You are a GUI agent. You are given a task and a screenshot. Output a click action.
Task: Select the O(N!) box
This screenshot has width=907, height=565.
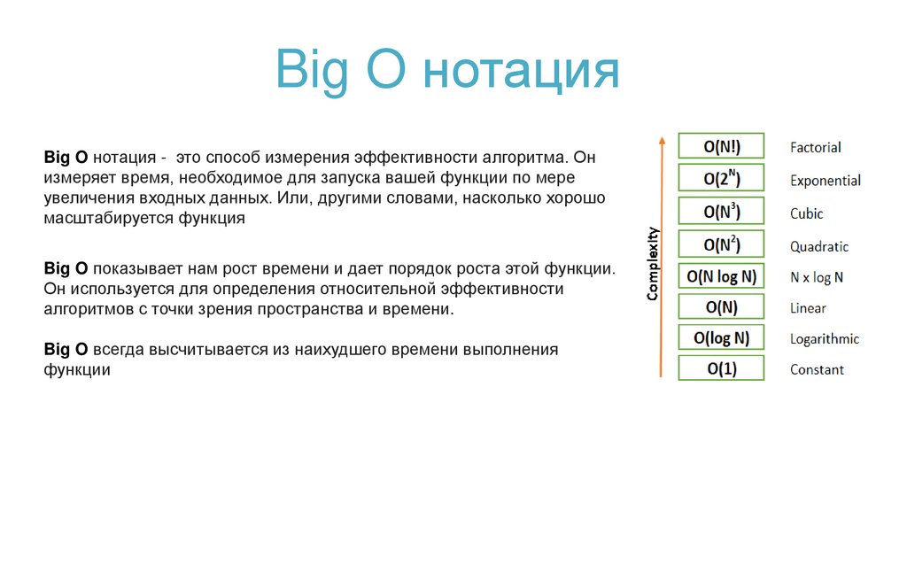(721, 146)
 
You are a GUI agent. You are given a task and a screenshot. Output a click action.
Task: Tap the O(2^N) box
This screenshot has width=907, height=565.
(721, 179)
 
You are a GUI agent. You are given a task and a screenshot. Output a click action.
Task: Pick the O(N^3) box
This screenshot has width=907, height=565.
(721, 212)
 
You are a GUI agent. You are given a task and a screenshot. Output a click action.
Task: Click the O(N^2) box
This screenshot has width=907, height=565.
(721, 244)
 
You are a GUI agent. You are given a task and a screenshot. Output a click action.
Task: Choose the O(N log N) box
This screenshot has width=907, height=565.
(721, 276)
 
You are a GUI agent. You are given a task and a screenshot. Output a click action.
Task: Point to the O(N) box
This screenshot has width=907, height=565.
(721, 307)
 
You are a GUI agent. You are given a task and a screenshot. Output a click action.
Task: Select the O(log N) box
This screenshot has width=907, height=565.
(721, 338)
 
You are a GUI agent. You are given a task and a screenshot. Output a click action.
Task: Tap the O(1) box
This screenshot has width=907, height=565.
(721, 369)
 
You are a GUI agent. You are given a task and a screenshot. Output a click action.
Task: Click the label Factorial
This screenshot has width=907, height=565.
(815, 147)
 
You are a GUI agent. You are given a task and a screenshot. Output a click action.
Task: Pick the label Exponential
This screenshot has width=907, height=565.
(825, 181)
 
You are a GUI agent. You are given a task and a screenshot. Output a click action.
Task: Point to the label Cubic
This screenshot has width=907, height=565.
(806, 213)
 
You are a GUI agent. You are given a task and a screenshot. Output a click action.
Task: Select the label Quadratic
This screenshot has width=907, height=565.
(819, 247)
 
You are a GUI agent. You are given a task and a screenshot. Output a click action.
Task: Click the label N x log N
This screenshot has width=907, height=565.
(817, 277)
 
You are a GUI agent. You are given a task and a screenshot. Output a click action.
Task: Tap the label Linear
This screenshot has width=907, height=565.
(808, 308)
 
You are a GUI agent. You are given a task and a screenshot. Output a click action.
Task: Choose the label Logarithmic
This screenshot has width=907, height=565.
(824, 339)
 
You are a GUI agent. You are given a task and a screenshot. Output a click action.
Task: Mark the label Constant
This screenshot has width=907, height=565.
(817, 370)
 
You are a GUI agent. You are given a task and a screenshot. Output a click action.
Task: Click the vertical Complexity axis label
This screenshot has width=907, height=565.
(653, 265)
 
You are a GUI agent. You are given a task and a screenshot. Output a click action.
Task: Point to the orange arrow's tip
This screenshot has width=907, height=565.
(661, 139)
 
